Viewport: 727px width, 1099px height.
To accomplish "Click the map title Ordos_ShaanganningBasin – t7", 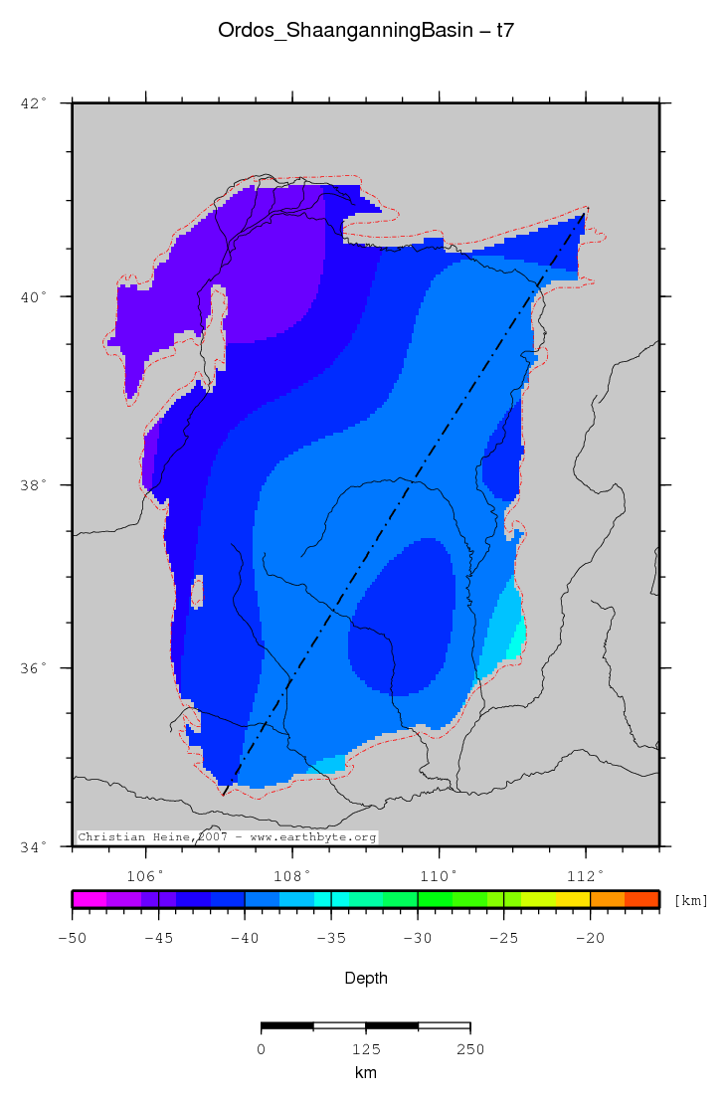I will coord(365,32).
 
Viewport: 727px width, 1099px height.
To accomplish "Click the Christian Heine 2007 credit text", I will coord(227,837).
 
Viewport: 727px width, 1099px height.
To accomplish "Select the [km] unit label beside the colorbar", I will coord(691,900).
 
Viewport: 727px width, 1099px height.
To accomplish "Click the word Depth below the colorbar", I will coord(365,978).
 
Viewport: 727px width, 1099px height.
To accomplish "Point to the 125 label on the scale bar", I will coord(365,1048).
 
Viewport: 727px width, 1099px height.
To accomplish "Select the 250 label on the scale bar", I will coord(469,1048).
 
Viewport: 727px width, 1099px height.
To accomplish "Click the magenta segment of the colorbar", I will coord(90,899).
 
